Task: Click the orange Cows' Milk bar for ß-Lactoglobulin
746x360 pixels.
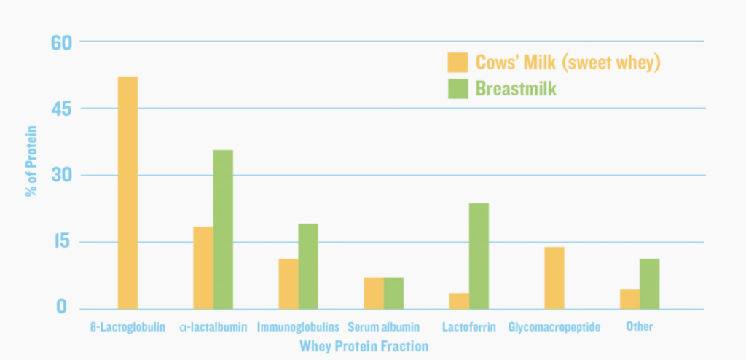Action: point(127,192)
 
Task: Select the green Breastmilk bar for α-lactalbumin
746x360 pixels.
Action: point(223,229)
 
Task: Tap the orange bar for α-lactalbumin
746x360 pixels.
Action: point(203,267)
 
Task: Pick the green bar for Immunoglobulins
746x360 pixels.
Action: point(308,266)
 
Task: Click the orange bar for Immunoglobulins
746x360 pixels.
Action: point(288,283)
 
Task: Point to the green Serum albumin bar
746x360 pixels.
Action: point(393,293)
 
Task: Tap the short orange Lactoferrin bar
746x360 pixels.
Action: point(459,301)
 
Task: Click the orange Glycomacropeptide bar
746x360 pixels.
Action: point(554,278)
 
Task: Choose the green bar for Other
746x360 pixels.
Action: point(649,283)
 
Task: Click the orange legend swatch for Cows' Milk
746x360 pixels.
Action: point(458,63)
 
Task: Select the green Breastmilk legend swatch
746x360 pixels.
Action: point(458,89)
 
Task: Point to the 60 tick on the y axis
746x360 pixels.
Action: point(62,42)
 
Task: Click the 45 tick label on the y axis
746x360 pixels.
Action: point(62,109)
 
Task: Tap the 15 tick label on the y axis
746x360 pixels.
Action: point(63,242)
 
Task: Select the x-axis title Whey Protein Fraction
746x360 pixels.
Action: point(364,346)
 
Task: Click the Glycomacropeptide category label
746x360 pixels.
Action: point(554,327)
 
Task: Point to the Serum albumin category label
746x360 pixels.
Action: point(384,327)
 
